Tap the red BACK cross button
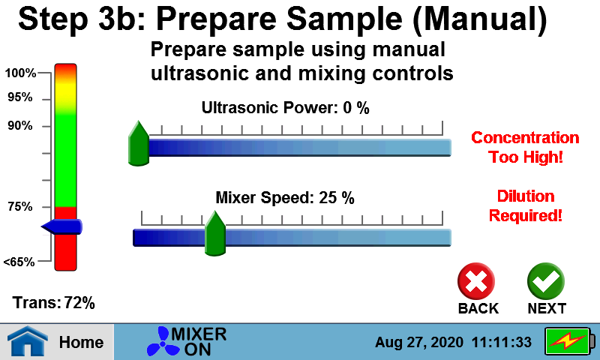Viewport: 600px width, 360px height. tap(476, 281)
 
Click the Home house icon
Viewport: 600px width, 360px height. tap(28, 340)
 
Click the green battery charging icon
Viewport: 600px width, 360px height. tap(570, 341)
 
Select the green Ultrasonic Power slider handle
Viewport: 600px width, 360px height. tap(139, 143)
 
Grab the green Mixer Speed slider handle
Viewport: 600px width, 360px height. tap(215, 233)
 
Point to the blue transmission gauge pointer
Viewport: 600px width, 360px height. tap(61, 226)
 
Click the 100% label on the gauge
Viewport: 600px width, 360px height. tap(20, 73)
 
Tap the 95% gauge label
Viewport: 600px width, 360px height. tap(20, 97)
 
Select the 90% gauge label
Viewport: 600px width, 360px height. tap(20, 125)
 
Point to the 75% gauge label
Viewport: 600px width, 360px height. tap(20, 206)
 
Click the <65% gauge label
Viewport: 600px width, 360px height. tap(19, 262)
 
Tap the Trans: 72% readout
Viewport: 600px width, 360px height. tap(54, 302)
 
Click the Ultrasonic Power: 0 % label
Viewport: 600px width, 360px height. tap(286, 108)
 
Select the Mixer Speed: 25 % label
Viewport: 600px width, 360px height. tap(285, 198)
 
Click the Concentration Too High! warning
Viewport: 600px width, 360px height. tap(526, 147)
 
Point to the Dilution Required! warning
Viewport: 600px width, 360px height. tap(526, 205)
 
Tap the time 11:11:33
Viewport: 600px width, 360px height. tap(502, 342)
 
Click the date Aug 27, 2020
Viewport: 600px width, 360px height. tap(419, 343)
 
